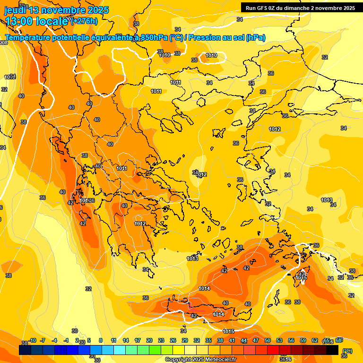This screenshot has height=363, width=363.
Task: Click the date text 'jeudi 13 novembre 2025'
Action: [57, 10]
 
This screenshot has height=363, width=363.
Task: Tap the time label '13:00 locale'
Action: [36, 21]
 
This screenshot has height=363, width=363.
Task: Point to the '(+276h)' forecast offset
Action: [84, 21]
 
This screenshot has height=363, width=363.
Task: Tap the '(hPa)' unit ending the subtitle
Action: [255, 38]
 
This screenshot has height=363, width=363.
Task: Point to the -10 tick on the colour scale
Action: [32, 341]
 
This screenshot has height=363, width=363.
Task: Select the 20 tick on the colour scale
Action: [149, 341]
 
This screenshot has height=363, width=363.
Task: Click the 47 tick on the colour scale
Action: [256, 341]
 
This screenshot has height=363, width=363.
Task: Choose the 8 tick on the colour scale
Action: [101, 341]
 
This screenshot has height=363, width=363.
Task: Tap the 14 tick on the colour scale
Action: [126, 341]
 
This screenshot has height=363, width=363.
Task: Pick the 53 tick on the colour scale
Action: [279, 341]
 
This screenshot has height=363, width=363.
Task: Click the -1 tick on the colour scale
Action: [66, 341]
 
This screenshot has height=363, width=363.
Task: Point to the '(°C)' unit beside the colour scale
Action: [347, 351]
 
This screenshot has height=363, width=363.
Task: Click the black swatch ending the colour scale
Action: [332, 350]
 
